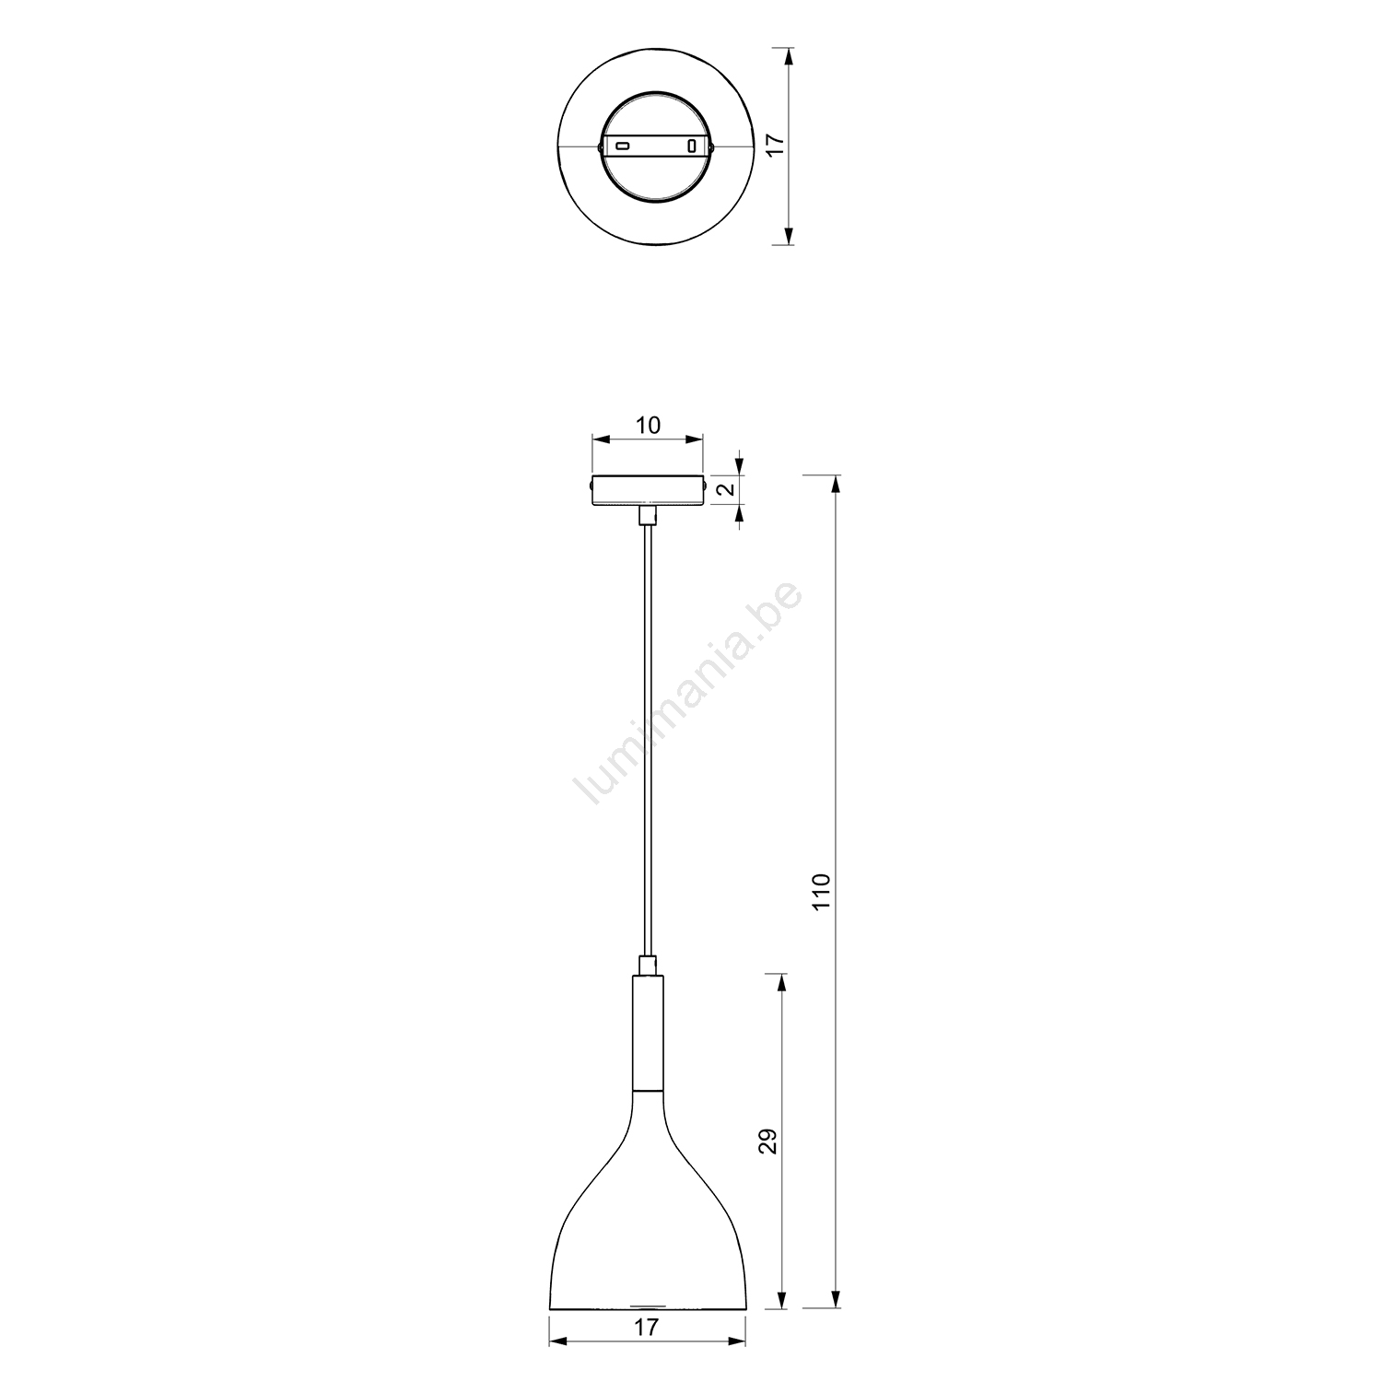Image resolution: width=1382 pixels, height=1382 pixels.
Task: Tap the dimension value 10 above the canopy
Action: (648, 425)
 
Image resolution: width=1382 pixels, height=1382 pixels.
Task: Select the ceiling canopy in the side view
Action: (648, 489)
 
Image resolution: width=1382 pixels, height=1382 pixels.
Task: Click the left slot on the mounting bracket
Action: (622, 146)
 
